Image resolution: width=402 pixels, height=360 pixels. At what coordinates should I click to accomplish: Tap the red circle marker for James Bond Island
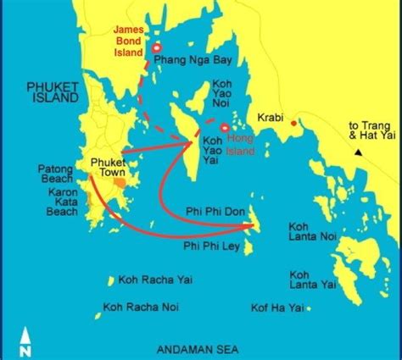[x=156, y=48]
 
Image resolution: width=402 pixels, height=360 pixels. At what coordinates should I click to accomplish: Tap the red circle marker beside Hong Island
[x=224, y=128]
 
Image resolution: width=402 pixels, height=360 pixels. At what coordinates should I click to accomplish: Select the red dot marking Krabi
[x=293, y=124]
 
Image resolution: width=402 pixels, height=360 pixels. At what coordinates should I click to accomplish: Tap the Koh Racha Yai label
[x=154, y=280]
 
